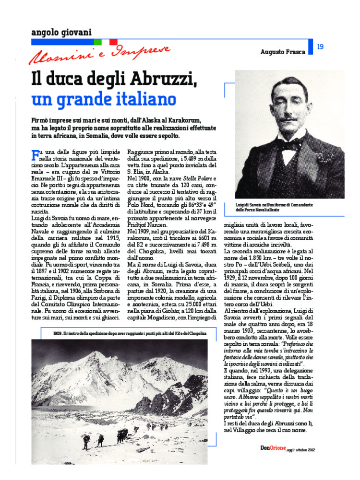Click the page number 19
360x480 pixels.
[x=321, y=47]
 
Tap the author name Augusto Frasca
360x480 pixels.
[x=283, y=52]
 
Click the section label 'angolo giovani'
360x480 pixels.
[x=61, y=32]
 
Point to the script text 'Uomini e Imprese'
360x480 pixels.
[x=99, y=54]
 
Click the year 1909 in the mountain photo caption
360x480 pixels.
[x=58, y=333]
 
